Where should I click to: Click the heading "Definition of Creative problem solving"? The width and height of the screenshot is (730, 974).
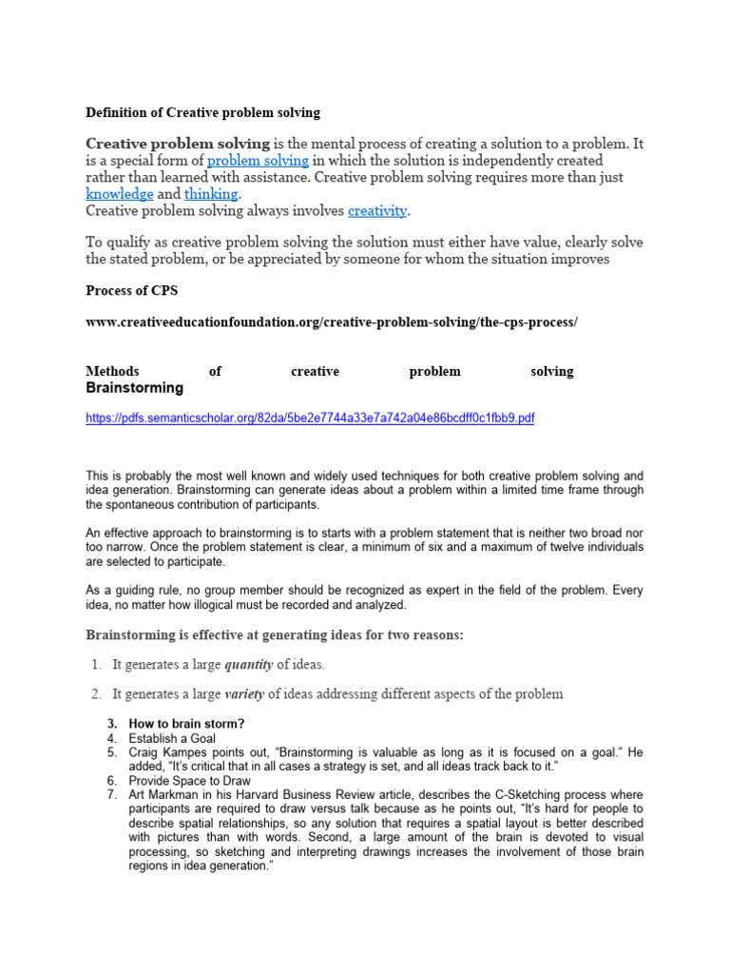coord(202,112)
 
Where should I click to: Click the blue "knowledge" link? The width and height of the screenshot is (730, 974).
coord(119,193)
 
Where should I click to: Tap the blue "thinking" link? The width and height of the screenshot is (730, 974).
coord(210,193)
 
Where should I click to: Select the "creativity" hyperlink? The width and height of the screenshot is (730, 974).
coord(376,210)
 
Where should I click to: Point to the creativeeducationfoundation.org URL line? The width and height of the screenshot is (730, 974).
coord(331,322)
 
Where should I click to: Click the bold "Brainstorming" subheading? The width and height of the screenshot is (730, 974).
coord(134,388)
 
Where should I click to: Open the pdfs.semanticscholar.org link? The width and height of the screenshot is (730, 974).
coord(309,419)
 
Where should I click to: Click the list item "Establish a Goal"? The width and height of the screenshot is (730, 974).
coord(172,738)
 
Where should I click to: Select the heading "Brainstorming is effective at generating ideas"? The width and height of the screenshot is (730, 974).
coord(275,634)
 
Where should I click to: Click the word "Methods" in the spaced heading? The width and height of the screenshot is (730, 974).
coord(112,372)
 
